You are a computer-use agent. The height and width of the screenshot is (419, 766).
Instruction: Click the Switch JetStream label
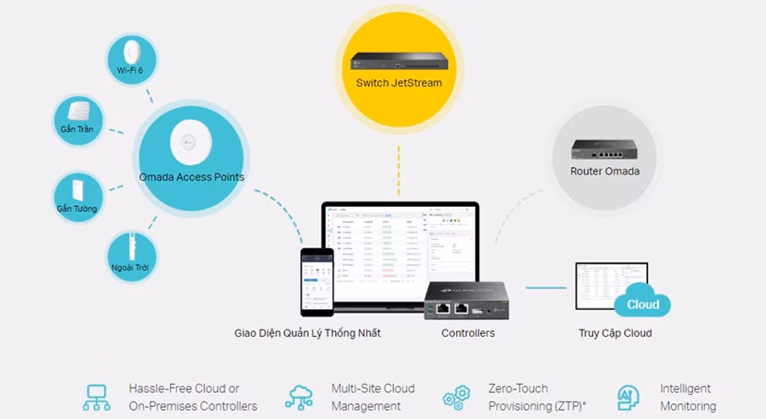[x=399, y=83]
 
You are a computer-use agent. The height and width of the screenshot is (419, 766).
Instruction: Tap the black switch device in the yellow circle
[x=399, y=61]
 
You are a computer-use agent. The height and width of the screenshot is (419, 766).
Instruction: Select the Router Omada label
[x=604, y=171]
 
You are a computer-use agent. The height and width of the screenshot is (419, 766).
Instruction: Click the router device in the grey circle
[x=604, y=148]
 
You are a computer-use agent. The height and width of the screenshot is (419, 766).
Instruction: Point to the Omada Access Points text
[x=192, y=176]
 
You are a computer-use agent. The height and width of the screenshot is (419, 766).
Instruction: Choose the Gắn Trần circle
[x=77, y=117]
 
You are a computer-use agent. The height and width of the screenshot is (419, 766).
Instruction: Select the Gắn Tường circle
[x=77, y=197]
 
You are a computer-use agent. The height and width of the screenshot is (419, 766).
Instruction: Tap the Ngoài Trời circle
[x=129, y=255]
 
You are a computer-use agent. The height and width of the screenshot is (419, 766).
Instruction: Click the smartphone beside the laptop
[x=316, y=281]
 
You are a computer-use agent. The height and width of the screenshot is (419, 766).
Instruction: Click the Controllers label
[x=468, y=333]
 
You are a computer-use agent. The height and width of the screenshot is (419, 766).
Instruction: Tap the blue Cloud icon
[x=642, y=305]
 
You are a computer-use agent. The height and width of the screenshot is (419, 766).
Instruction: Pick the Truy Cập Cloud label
[x=615, y=333]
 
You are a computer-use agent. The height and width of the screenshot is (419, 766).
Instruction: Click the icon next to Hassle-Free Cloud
[x=96, y=397]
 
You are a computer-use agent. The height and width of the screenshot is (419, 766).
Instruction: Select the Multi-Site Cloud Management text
[x=373, y=397]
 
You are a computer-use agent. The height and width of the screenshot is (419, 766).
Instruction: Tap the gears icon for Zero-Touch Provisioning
[x=456, y=398]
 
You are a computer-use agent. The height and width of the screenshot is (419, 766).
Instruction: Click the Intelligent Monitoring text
[x=688, y=397]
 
